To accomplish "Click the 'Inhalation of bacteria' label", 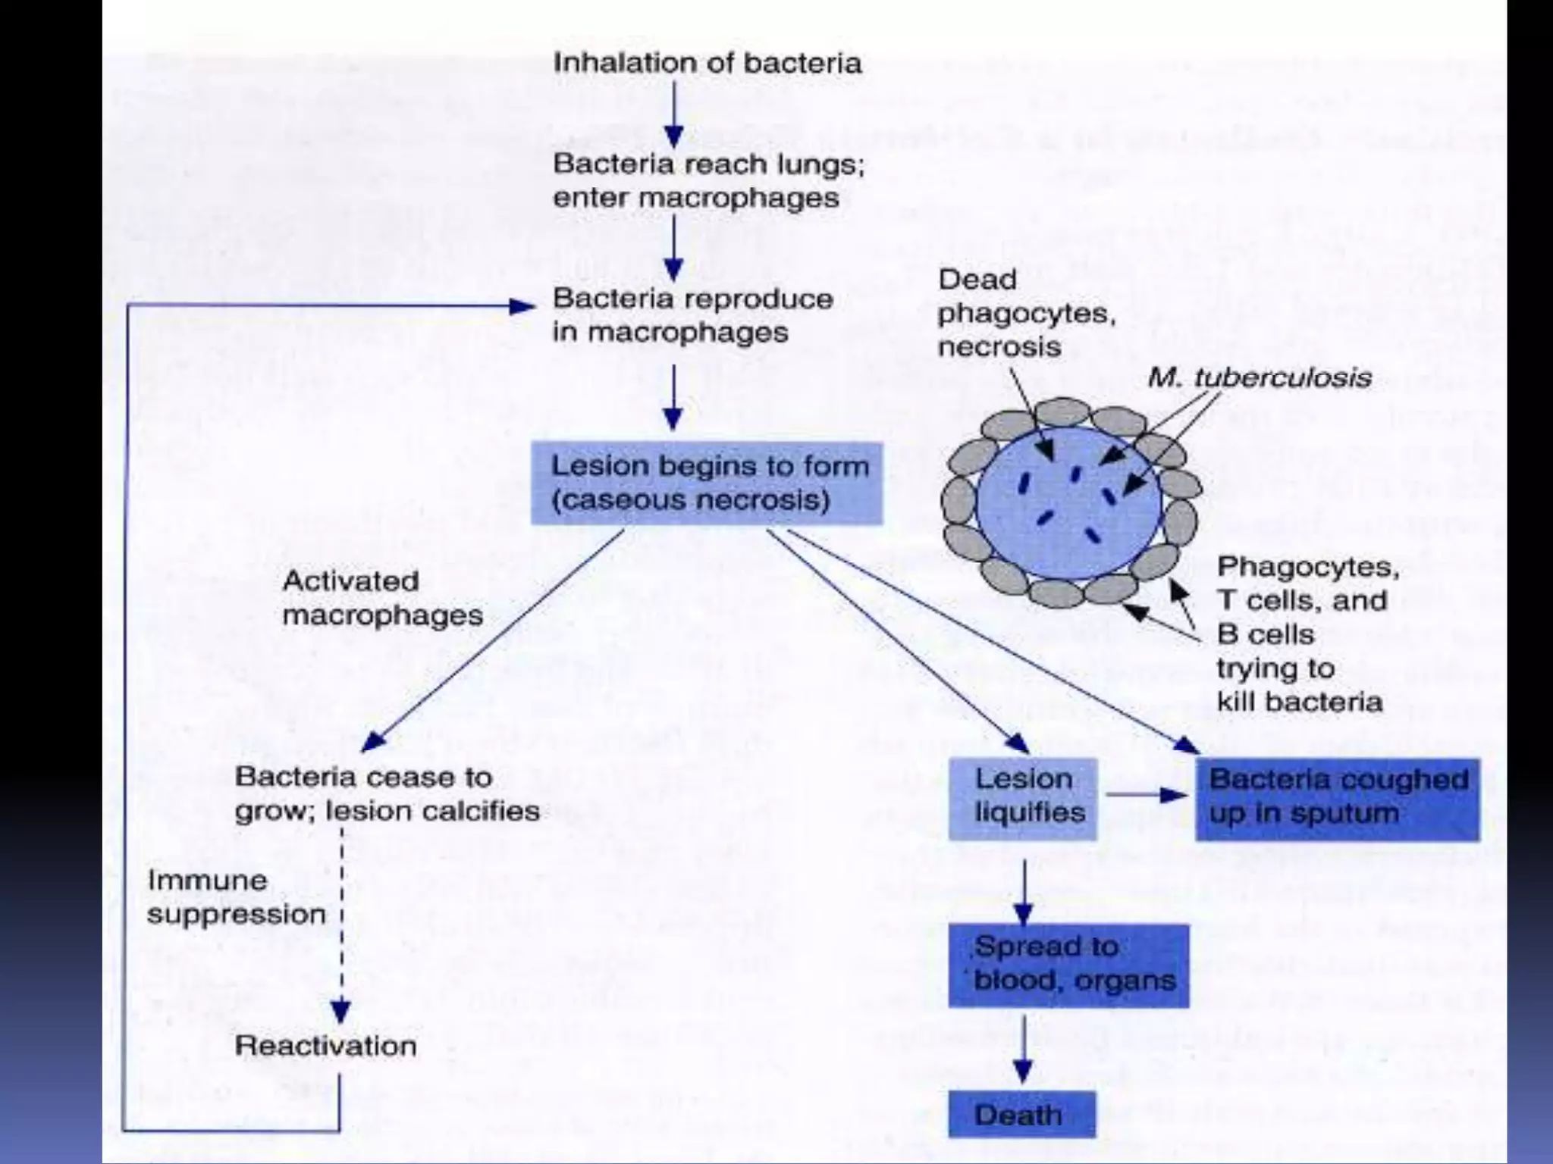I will tap(707, 63).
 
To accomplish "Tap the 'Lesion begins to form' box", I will tap(707, 483).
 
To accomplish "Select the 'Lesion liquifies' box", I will tap(1022, 798).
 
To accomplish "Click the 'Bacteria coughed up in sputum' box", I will tap(1337, 798).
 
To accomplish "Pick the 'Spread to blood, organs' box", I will tap(1068, 965).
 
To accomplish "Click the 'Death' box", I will tap(1021, 1114).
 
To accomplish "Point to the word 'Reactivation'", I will tap(325, 1047).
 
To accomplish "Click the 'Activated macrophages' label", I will tap(382, 599).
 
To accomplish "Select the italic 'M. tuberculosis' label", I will tap(1259, 377).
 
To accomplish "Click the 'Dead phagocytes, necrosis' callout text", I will tap(1025, 313).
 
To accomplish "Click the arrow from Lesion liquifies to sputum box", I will tap(1145, 795).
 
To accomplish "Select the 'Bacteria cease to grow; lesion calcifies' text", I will tap(387, 794).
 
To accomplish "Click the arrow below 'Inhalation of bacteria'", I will tap(673, 114).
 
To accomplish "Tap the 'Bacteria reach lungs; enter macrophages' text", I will tap(707, 181).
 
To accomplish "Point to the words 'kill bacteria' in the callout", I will tap(1299, 702).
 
